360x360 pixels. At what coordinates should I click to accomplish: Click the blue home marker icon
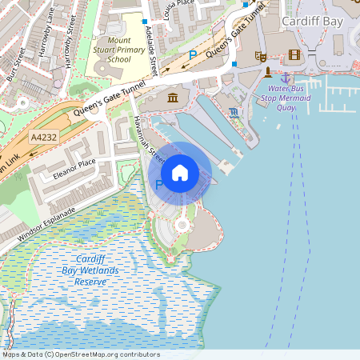180,172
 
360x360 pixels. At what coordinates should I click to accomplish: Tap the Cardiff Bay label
314,20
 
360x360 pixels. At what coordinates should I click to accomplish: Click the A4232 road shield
45,138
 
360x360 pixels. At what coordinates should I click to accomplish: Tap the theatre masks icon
259,56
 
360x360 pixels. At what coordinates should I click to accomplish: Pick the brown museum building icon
173,98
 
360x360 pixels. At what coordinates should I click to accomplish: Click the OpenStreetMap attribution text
81,354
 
